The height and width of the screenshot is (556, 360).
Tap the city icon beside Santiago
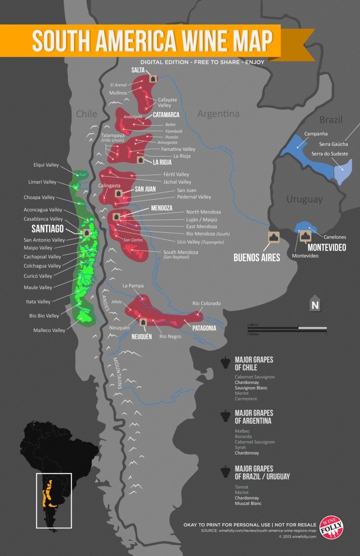(87, 233)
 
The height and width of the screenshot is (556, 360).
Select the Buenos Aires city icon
(273, 237)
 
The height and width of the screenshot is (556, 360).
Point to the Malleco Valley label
(49, 330)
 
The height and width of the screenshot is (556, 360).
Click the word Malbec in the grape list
(243, 431)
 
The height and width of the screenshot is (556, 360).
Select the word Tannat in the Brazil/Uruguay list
(242, 487)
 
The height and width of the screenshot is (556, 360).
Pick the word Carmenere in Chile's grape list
(246, 399)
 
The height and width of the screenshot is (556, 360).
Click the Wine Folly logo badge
(331, 528)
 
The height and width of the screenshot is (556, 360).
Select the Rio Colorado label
(207, 303)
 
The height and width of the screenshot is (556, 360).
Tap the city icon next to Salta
(153, 79)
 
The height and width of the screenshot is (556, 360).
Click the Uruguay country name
(304, 199)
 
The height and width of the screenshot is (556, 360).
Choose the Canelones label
(335, 237)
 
